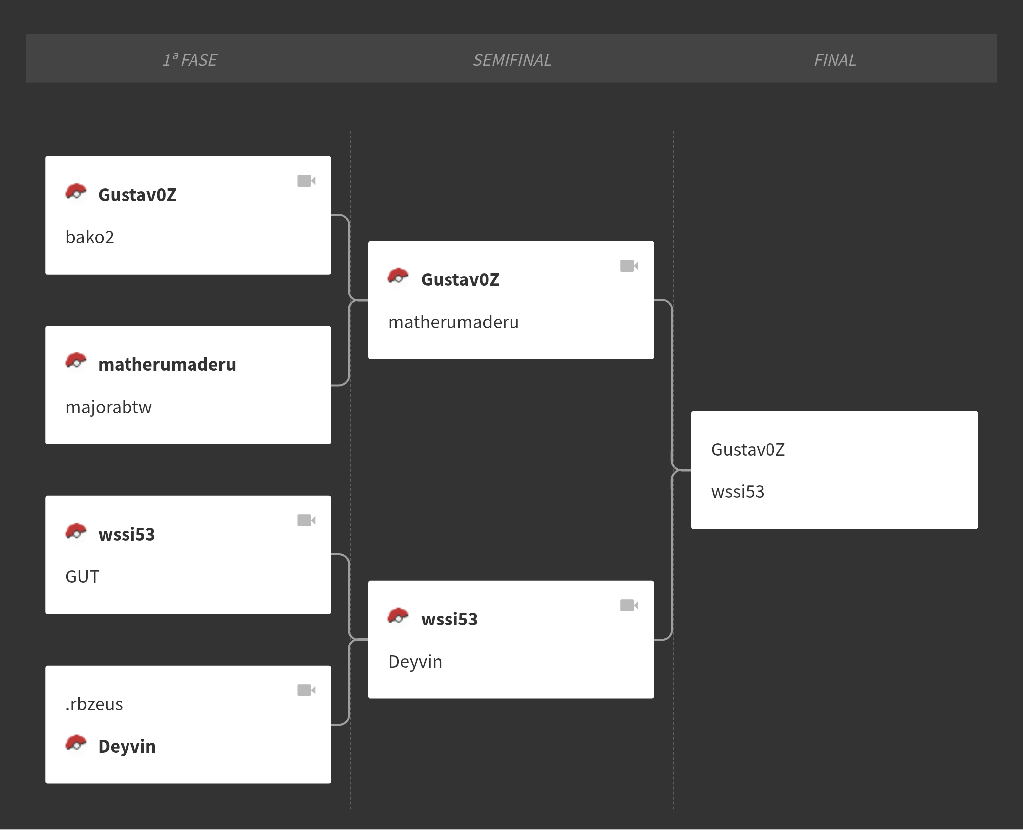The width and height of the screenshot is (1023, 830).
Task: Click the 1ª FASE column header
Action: [190, 60]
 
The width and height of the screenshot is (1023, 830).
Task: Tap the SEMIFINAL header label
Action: [512, 60]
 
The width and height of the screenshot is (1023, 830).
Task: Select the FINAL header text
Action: [835, 60]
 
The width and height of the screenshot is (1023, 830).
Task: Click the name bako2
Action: [90, 237]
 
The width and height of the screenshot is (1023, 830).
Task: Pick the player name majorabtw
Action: [109, 407]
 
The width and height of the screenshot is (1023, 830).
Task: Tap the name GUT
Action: [82, 577]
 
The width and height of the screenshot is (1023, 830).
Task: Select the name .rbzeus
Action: [94, 704]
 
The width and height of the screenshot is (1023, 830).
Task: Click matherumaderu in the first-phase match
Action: [167, 364]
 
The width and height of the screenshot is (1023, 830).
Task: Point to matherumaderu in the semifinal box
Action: [453, 322]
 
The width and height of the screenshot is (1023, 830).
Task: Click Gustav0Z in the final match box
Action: [748, 449]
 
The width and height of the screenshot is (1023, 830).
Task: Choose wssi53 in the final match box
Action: [738, 492]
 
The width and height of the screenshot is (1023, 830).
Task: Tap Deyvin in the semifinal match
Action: [415, 662]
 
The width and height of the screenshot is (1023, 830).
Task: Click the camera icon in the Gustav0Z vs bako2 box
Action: [306, 181]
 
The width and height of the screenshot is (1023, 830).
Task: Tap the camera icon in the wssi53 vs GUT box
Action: [306, 520]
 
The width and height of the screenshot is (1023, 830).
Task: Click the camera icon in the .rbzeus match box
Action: [306, 690]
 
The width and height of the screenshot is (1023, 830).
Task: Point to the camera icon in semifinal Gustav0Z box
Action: [629, 266]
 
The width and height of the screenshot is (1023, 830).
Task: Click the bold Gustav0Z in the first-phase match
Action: [137, 195]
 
